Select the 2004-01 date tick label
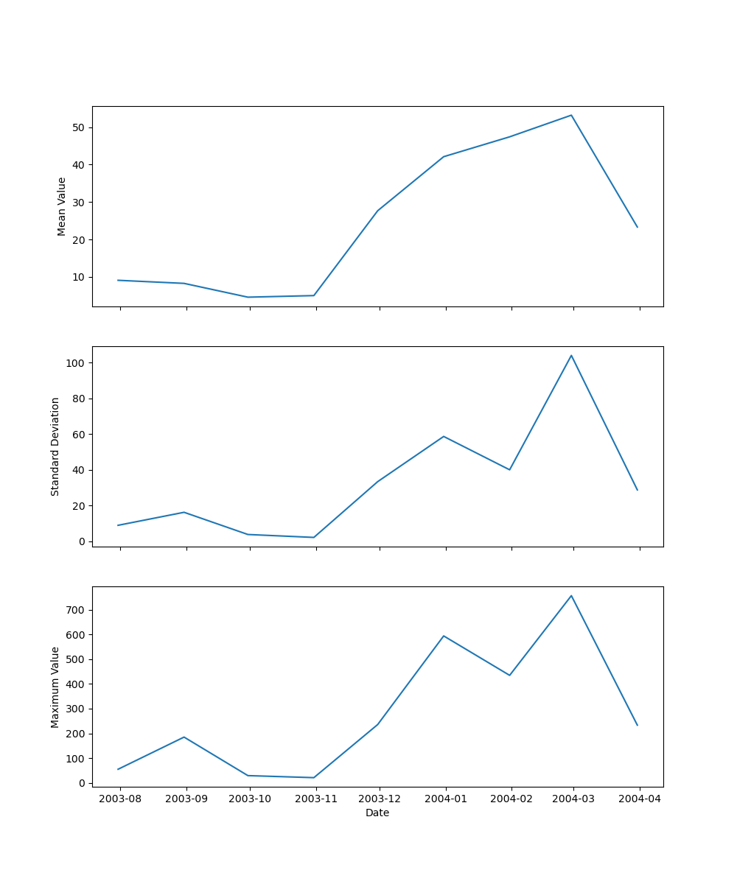point(445,799)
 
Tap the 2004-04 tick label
point(640,799)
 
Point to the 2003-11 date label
point(316,799)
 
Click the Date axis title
point(377,813)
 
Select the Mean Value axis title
point(62,206)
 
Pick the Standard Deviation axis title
point(55,446)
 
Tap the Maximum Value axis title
point(55,687)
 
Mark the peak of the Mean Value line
point(571,115)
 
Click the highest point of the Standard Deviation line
point(571,355)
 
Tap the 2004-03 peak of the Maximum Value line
point(571,595)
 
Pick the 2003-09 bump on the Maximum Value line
point(184,737)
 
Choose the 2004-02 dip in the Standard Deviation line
point(509,470)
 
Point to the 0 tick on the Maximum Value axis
point(83,783)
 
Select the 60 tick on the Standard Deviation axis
point(80,435)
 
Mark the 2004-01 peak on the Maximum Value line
point(444,636)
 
